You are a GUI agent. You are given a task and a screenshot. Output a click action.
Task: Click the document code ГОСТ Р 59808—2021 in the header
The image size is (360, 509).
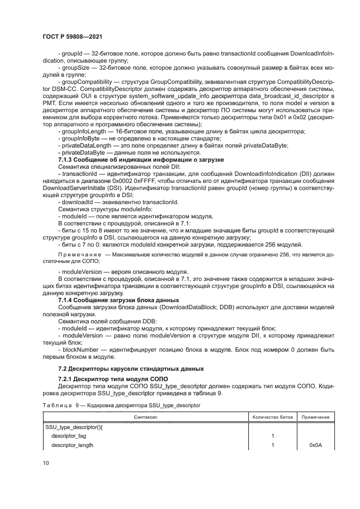point(72,36)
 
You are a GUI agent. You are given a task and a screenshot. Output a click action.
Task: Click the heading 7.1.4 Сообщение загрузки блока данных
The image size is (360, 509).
point(119,301)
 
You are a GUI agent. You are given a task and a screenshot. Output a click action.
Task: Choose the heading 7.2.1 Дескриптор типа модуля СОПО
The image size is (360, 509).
point(108,378)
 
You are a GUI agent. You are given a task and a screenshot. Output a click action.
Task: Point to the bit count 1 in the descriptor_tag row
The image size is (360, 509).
point(272,436)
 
